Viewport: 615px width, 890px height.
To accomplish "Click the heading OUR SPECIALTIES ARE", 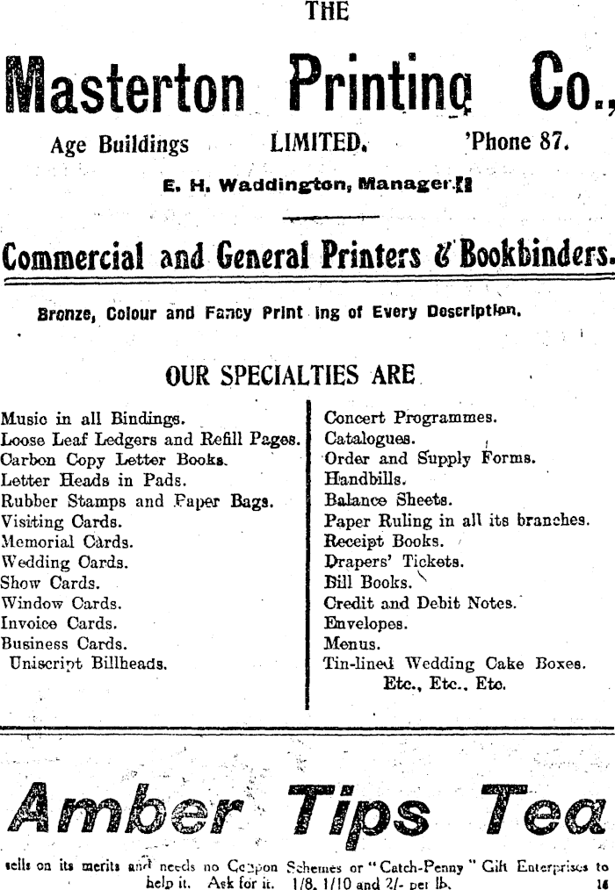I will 290,376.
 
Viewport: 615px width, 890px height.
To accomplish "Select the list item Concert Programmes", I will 410,417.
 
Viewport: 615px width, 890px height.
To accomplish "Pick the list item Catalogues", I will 370,437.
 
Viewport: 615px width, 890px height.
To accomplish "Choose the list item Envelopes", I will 365,624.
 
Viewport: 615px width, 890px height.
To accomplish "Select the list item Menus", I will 350,644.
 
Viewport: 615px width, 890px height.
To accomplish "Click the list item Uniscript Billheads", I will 88,664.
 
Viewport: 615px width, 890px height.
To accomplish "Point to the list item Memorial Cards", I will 68,542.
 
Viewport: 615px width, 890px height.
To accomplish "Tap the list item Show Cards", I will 50,583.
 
